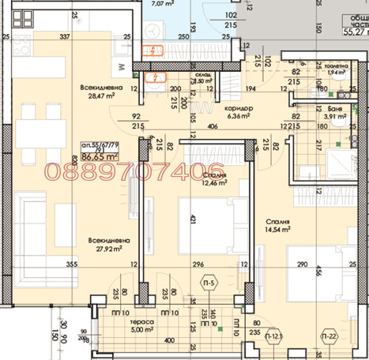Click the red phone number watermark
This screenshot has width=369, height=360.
coord(136,171)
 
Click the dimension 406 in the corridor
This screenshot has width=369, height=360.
coord(213,126)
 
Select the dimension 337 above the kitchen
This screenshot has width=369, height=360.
coord(66,36)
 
